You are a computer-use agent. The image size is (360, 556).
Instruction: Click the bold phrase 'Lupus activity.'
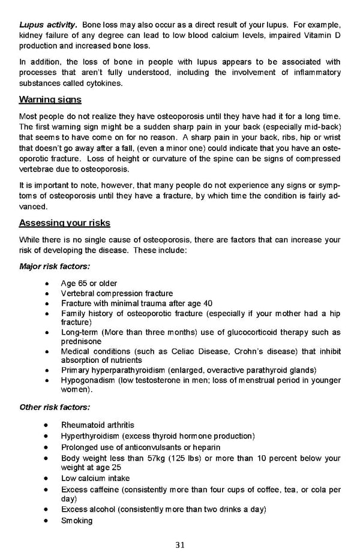click(x=48, y=25)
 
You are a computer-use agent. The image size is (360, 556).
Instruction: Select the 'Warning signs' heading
click(x=50, y=100)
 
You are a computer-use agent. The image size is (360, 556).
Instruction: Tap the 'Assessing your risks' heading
click(x=65, y=223)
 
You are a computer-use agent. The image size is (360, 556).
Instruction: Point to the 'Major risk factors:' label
click(x=55, y=266)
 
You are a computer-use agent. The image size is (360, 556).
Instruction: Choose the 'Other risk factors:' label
click(x=55, y=407)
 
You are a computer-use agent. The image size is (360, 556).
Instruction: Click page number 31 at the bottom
click(x=180, y=545)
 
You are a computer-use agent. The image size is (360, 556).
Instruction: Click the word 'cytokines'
click(x=102, y=83)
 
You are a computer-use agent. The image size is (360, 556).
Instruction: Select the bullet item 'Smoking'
click(x=77, y=521)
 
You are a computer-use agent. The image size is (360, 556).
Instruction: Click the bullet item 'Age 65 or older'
click(x=89, y=283)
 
